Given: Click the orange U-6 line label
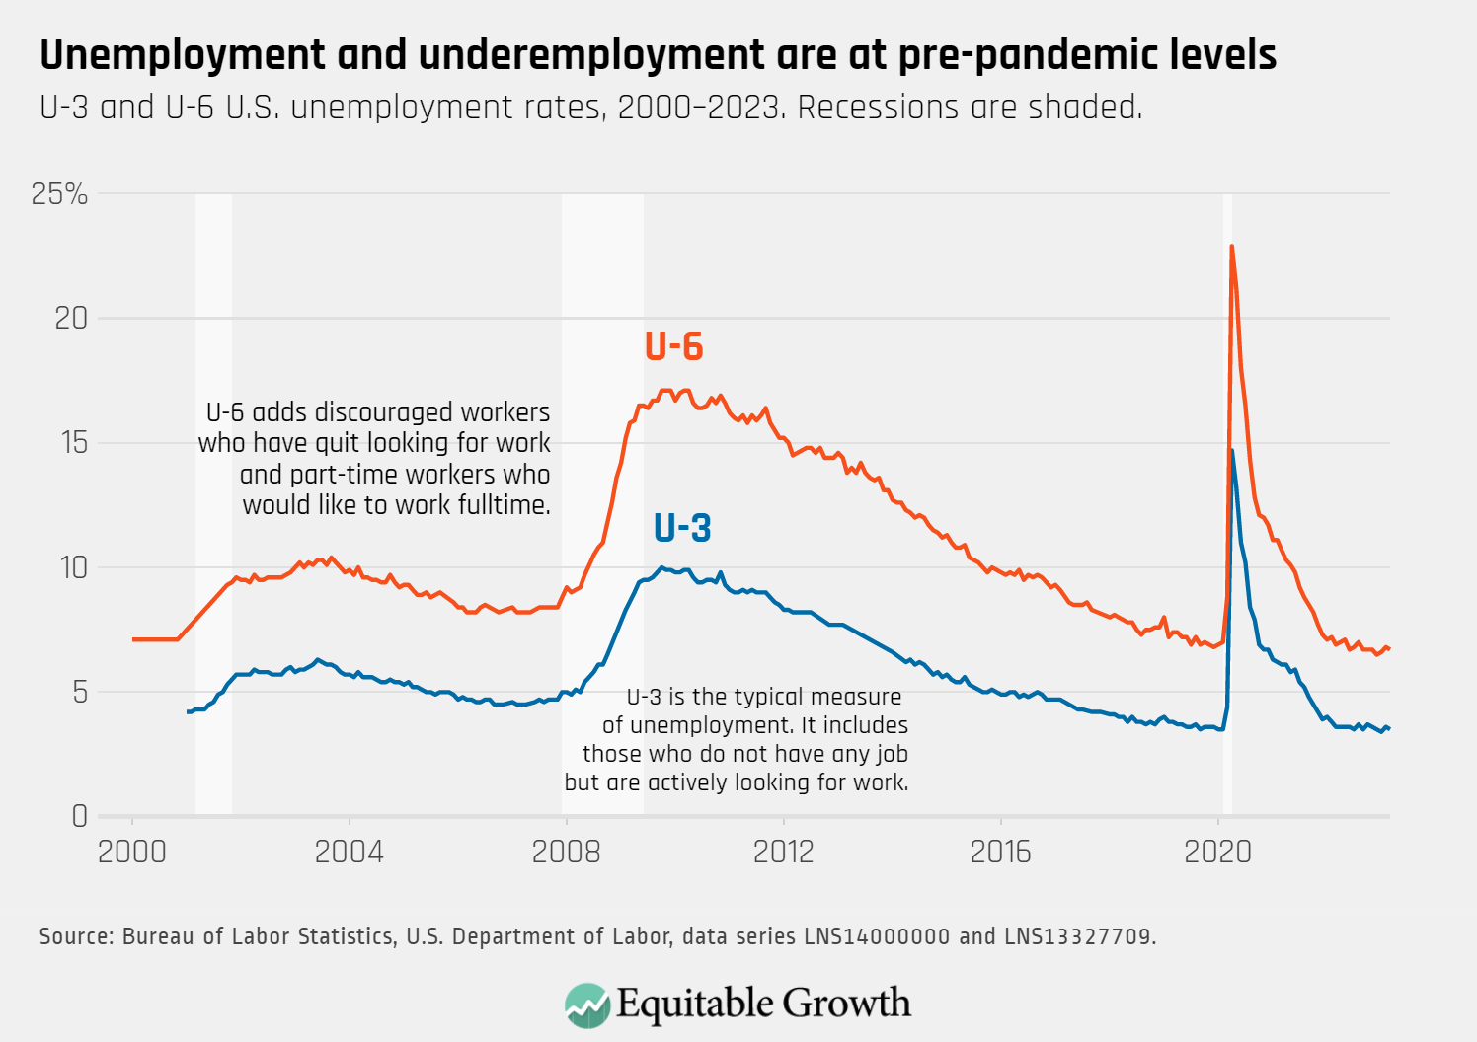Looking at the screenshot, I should [x=673, y=346].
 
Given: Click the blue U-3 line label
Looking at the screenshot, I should [x=682, y=528].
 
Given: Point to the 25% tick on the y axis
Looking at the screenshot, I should [x=59, y=194].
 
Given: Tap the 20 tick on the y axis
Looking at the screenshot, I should [x=71, y=318].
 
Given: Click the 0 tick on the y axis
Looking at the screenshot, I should [x=80, y=816].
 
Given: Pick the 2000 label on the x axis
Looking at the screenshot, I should [x=131, y=852].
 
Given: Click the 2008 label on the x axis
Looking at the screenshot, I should [x=566, y=852].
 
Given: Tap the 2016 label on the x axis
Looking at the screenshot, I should [x=1000, y=852].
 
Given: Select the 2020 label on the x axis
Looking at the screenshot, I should [x=1217, y=852].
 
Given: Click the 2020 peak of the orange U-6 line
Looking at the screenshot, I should [x=1231, y=247].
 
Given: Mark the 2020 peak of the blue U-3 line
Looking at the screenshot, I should [x=1231, y=450].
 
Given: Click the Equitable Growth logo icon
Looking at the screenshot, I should [x=586, y=1005].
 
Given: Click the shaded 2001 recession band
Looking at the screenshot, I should [x=213, y=493].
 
